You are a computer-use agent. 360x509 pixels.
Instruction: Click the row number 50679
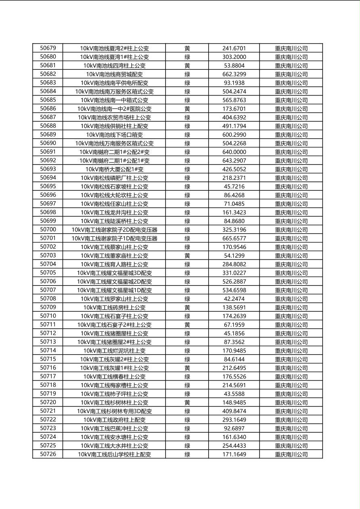(x=48, y=48)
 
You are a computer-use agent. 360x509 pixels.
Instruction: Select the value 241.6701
(x=234, y=48)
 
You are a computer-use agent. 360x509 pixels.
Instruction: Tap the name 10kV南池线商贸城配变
(x=114, y=74)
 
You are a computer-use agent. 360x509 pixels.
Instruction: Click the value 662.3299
(x=234, y=74)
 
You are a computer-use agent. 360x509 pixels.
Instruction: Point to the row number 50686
(x=48, y=108)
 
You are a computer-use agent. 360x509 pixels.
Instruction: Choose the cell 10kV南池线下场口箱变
(x=114, y=135)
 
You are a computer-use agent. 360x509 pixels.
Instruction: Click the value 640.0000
(x=234, y=152)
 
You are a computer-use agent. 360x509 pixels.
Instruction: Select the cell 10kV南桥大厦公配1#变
(x=114, y=169)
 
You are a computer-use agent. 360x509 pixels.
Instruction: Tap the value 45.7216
(x=234, y=186)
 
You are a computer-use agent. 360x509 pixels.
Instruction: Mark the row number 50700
(x=48, y=229)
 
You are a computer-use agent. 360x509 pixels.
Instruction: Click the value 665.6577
(x=234, y=238)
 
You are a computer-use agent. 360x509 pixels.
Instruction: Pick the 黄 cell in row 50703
(x=187, y=256)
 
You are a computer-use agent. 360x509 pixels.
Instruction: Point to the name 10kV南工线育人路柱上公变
(x=114, y=264)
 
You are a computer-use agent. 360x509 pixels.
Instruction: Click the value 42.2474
(x=234, y=299)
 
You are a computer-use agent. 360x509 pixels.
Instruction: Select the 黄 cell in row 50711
(x=187, y=325)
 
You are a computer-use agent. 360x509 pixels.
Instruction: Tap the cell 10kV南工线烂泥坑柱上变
(x=114, y=350)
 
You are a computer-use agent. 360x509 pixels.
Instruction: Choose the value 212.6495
(x=234, y=368)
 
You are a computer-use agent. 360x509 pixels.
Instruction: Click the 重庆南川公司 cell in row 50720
(x=291, y=403)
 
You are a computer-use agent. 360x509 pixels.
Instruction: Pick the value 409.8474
(x=234, y=411)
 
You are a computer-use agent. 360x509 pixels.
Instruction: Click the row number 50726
(x=48, y=454)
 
